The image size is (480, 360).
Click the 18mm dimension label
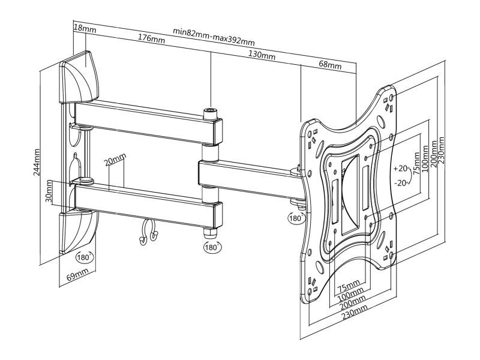coord(85,29)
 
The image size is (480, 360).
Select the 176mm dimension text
coord(151,38)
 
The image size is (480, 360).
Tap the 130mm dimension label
coord(262,55)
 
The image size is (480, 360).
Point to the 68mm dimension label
coord(330,65)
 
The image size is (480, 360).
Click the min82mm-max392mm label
coord(214,36)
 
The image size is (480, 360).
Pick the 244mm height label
coord(37,162)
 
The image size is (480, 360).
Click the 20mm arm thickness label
coord(115,160)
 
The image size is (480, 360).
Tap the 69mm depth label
coord(77,274)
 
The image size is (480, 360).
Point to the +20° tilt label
coord(401,168)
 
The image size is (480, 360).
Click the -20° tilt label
coord(401,183)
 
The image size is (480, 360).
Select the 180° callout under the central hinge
coord(212,247)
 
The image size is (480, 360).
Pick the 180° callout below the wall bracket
coord(84,257)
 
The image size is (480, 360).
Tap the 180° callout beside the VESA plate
coord(295,218)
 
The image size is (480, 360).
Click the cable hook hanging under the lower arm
coord(148,232)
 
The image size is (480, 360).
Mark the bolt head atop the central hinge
coord(211,113)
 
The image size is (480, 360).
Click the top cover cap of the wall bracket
coord(79,77)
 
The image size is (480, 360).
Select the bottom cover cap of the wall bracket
coord(78,232)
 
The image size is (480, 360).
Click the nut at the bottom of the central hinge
coord(211,233)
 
